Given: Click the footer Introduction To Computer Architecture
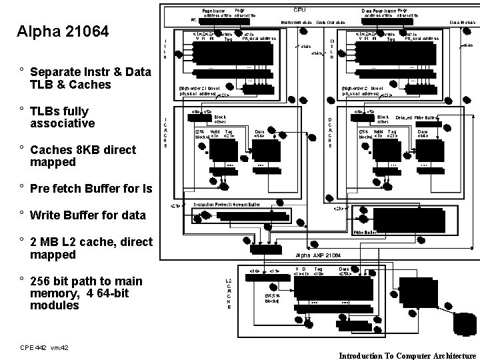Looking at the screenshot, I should pos(407,355).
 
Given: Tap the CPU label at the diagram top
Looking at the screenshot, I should pos(299,10).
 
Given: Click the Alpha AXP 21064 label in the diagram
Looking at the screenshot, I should pos(318,255).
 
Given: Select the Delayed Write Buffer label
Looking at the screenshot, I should pos(412,117).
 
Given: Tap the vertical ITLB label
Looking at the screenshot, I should pos(165,48).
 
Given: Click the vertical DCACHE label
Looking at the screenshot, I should pos(329,133).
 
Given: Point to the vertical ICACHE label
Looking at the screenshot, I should pos(165,133).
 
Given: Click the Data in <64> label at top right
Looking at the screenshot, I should pos(461,22).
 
